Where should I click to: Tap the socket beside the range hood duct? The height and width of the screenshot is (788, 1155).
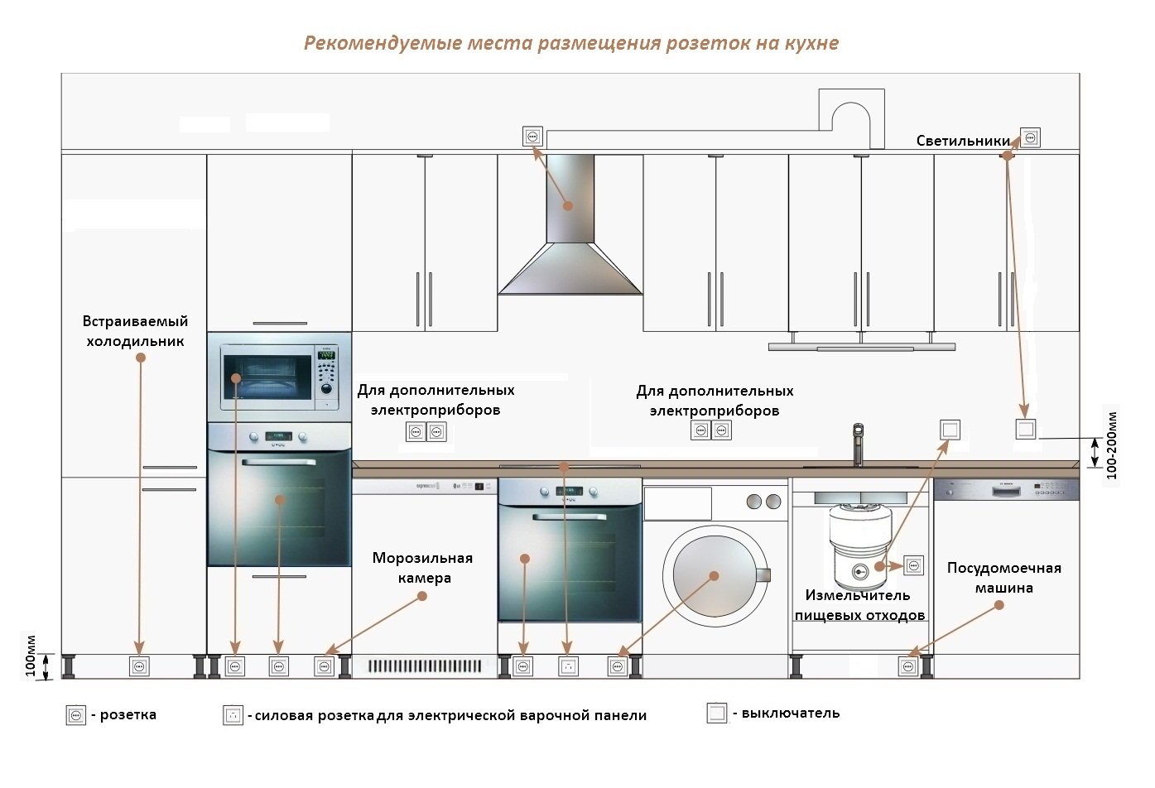click(532, 137)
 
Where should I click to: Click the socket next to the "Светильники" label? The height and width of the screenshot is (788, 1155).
click(1030, 137)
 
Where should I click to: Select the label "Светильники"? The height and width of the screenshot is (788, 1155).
click(963, 141)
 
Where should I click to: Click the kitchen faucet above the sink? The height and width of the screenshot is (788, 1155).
click(858, 444)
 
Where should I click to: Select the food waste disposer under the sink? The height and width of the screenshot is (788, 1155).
click(860, 546)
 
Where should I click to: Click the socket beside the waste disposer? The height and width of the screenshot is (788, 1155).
click(913, 566)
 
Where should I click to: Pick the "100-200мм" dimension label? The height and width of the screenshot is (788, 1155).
click(1111, 445)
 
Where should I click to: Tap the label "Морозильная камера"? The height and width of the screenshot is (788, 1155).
click(422, 568)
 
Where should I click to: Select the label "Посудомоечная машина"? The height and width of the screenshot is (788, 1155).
click(1003, 578)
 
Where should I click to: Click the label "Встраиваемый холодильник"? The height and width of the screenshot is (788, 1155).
click(135, 331)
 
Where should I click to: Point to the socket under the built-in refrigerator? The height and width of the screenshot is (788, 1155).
click(139, 665)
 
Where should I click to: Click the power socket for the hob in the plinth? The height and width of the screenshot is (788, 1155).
click(567, 665)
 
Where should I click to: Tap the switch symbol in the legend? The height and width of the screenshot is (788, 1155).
click(717, 713)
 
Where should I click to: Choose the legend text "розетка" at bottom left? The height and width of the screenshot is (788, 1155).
click(128, 714)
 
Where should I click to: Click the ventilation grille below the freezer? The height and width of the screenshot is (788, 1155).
click(425, 665)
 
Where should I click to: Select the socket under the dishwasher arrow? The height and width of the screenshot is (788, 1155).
click(908, 665)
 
